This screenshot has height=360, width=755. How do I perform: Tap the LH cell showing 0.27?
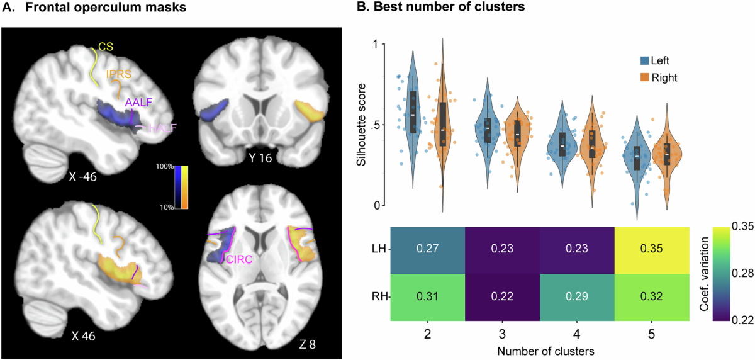pos(428,249)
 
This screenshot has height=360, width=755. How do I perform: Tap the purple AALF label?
pos(138,102)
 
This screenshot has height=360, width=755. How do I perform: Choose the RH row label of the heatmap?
pos(381,296)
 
